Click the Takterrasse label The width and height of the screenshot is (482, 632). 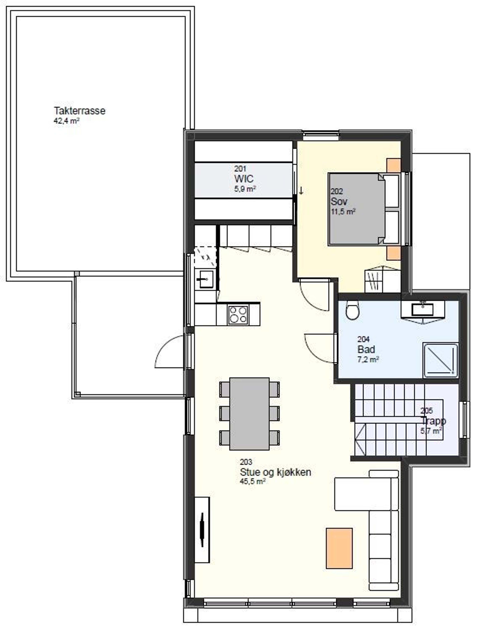pos(79,111)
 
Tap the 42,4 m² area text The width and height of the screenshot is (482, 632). pos(66,121)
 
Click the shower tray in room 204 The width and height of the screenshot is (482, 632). pos(440,360)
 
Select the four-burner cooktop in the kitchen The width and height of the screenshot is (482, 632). pos(238,315)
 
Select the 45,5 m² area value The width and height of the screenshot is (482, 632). pos(252,482)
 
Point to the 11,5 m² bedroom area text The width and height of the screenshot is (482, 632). pos(343,212)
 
